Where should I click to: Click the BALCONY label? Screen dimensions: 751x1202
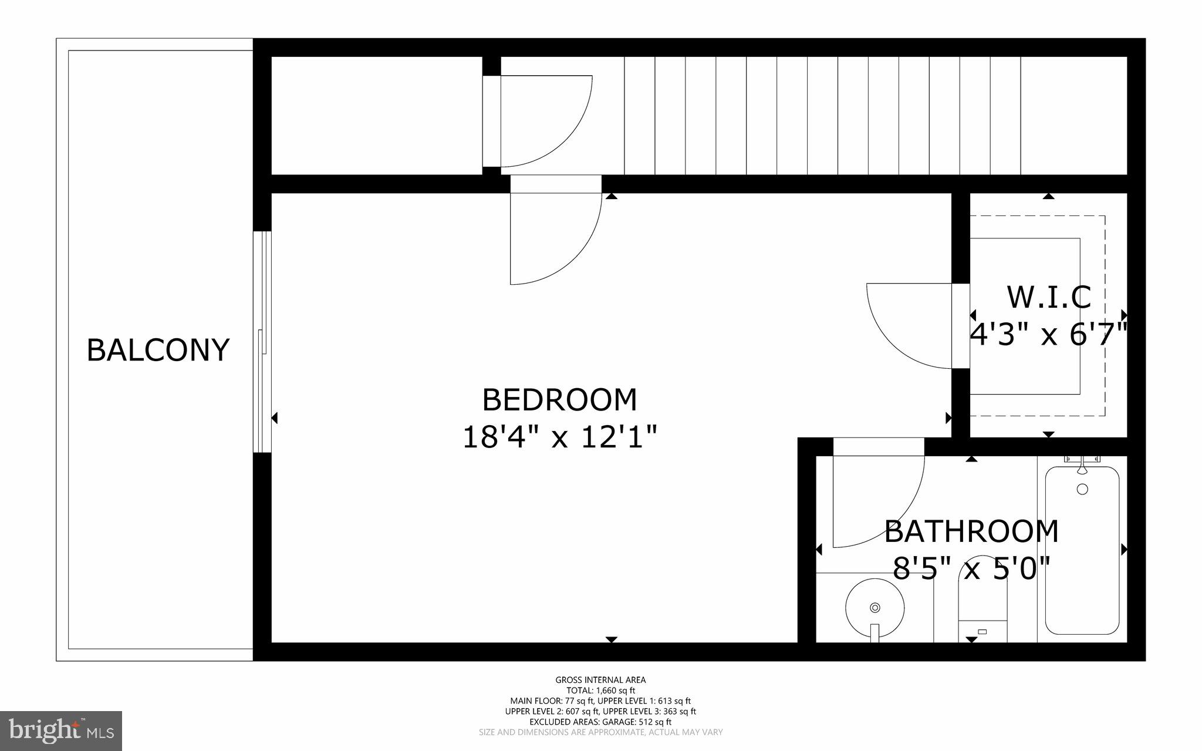pyautogui.click(x=157, y=351)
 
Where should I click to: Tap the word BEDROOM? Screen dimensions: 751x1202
pyautogui.click(x=559, y=400)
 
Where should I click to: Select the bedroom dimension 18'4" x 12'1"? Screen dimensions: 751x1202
pyautogui.click(x=559, y=437)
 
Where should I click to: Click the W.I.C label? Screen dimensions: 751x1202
pyautogui.click(x=1049, y=298)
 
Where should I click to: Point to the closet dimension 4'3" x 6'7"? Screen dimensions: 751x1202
pyautogui.click(x=1049, y=336)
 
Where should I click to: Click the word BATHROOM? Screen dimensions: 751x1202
pyautogui.click(x=971, y=532)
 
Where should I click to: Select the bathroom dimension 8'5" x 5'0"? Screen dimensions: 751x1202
pyautogui.click(x=971, y=568)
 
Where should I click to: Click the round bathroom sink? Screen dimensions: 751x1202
pyautogui.click(x=875, y=608)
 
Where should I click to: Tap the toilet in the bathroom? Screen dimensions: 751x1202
pyautogui.click(x=982, y=611)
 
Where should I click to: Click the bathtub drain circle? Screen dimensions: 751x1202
pyautogui.click(x=1082, y=489)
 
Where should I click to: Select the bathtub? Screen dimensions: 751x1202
pyautogui.click(x=1082, y=558)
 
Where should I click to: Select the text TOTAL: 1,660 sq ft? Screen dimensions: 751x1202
pyautogui.click(x=600, y=691)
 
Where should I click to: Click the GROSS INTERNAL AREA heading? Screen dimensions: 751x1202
pyautogui.click(x=600, y=680)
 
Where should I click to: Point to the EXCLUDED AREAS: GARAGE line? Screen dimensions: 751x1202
pyautogui.click(x=600, y=722)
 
